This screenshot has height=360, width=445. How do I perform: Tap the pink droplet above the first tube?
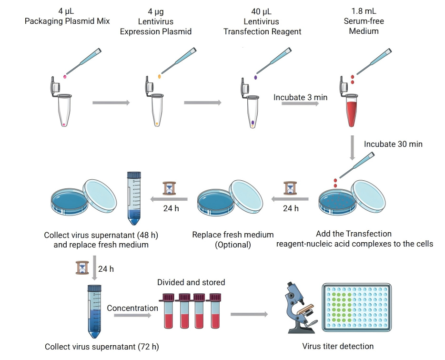[65, 76]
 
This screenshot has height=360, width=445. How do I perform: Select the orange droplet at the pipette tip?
[160, 76]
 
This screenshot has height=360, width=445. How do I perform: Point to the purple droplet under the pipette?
[256, 77]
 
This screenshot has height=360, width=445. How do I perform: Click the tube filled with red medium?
[352, 111]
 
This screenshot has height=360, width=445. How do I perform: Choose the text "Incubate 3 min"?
[300, 97]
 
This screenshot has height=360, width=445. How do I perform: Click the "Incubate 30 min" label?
[393, 144]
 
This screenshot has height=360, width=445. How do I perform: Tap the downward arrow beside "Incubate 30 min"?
[352, 147]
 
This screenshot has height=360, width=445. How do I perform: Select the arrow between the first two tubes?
[111, 103]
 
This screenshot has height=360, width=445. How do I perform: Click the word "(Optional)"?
[233, 245]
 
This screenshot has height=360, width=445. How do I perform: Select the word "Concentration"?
[132, 308]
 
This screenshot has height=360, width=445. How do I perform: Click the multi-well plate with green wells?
[359, 307]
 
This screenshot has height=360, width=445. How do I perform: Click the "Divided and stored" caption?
[191, 282]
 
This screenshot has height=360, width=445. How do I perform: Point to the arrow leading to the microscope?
[249, 314]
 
